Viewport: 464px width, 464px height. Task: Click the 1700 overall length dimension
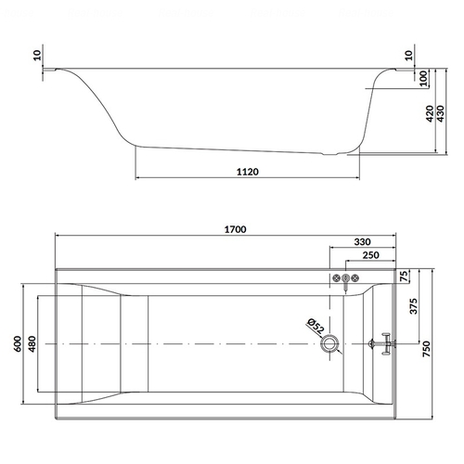pyautogui.click(x=235, y=229)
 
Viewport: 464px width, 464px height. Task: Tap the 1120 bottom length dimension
pyautogui.click(x=248, y=172)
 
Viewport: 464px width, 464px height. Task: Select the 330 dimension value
pyautogui.click(x=362, y=242)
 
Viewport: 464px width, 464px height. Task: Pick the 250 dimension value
pyautogui.click(x=370, y=255)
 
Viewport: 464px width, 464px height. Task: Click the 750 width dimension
pyautogui.click(x=426, y=349)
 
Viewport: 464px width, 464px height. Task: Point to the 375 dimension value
pyautogui.click(x=413, y=306)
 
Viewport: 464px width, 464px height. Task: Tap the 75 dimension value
pyautogui.click(x=404, y=276)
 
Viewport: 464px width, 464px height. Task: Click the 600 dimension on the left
pyautogui.click(x=18, y=343)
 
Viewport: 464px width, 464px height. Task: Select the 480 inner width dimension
pyautogui.click(x=32, y=343)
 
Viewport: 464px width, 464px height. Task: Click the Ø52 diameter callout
pyautogui.click(x=316, y=326)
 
